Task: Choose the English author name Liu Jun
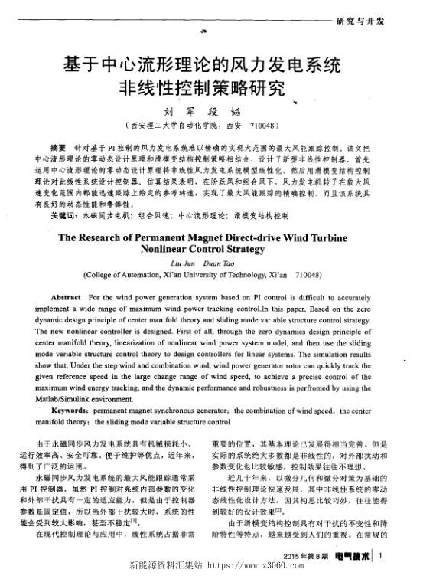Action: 177,262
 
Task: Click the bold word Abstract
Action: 66,296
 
